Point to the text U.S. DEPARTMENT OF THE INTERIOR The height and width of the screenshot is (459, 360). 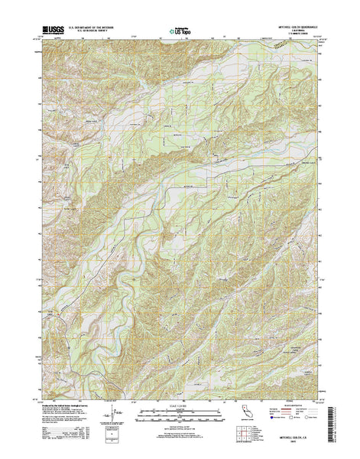[91, 25]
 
